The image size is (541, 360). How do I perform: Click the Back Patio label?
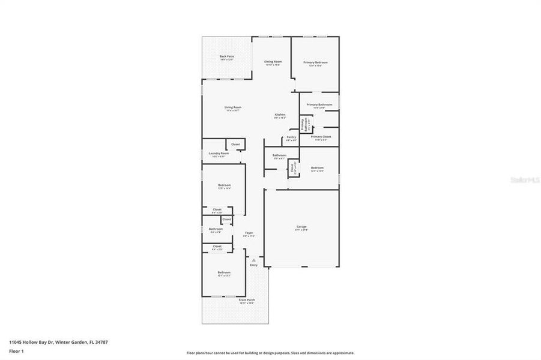226,56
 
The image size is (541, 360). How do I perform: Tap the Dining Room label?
273,62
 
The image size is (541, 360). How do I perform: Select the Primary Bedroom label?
315,62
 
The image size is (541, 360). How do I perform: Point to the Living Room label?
233,107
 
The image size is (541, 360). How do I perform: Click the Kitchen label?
280,115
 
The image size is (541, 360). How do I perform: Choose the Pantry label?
291,137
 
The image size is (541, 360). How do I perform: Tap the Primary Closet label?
321,137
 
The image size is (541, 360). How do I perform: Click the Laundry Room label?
219,153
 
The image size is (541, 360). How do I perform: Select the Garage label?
301,227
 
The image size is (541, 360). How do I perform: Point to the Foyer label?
249,233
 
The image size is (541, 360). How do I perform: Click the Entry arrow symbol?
253,260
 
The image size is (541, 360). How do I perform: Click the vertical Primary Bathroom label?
304,125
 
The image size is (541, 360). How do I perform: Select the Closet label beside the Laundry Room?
235,144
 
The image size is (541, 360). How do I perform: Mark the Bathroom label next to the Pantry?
279,155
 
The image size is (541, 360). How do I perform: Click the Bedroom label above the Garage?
317,168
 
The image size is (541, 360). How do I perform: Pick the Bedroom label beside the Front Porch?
223,272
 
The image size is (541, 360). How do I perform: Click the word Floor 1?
16,351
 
